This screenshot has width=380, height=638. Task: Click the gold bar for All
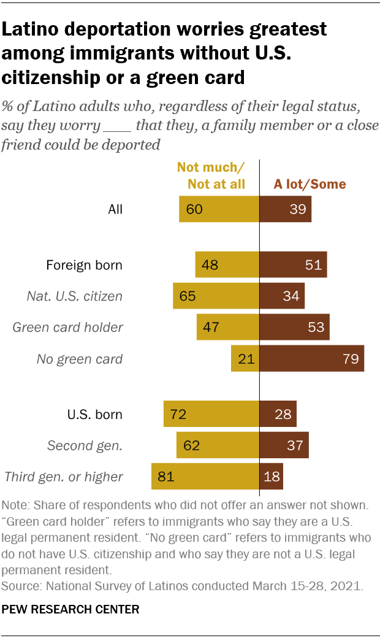pyautogui.click(x=219, y=209)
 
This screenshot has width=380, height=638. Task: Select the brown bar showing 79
pyautogui.click(x=312, y=358)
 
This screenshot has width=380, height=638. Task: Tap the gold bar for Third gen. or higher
pyautogui.click(x=205, y=476)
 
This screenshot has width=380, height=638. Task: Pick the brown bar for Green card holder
pyautogui.click(x=294, y=327)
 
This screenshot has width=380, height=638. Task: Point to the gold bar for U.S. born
pyautogui.click(x=211, y=414)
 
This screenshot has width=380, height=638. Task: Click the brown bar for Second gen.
pyautogui.click(x=284, y=445)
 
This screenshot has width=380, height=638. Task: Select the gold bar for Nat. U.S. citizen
pyautogui.click(x=216, y=296)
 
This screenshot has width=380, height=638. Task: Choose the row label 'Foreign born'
pyautogui.click(x=85, y=266)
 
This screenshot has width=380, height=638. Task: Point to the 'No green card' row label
pyautogui.click(x=80, y=359)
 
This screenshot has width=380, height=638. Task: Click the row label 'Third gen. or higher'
pyautogui.click(x=64, y=477)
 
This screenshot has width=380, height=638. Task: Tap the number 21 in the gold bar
pyautogui.click(x=246, y=358)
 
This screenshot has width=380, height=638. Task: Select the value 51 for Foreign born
pyautogui.click(x=313, y=266)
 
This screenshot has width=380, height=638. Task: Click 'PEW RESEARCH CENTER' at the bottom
pyautogui.click(x=70, y=609)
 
